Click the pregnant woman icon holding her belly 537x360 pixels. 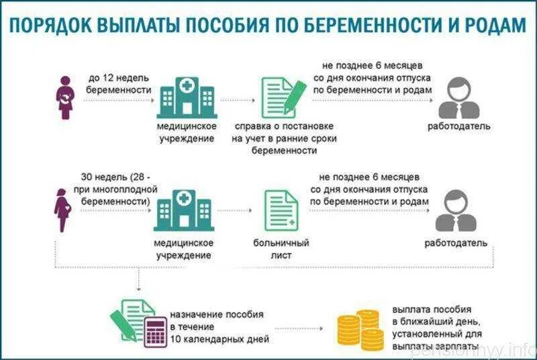tap(65, 97)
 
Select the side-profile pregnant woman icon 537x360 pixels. tap(61, 210)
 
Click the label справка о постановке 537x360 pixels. tap(283, 126)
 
